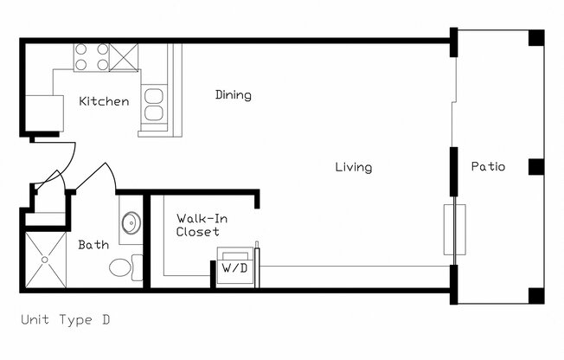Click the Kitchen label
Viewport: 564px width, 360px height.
coord(104,101)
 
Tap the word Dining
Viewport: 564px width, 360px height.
coord(234,95)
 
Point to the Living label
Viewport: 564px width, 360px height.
coord(354,167)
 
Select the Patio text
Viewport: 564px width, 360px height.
coord(488,167)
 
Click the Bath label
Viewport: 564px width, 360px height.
coord(93,245)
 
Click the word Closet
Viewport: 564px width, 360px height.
coord(197,232)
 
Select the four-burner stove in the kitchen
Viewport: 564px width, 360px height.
coord(91,56)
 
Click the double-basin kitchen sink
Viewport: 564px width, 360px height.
coord(154,104)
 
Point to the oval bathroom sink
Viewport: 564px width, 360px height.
coord(131,223)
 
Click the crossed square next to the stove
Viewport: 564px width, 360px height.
coord(125,56)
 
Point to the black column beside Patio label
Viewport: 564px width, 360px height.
coord(535,167)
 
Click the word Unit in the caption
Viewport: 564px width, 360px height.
coord(35,320)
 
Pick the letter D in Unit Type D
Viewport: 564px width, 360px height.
coord(105,320)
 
